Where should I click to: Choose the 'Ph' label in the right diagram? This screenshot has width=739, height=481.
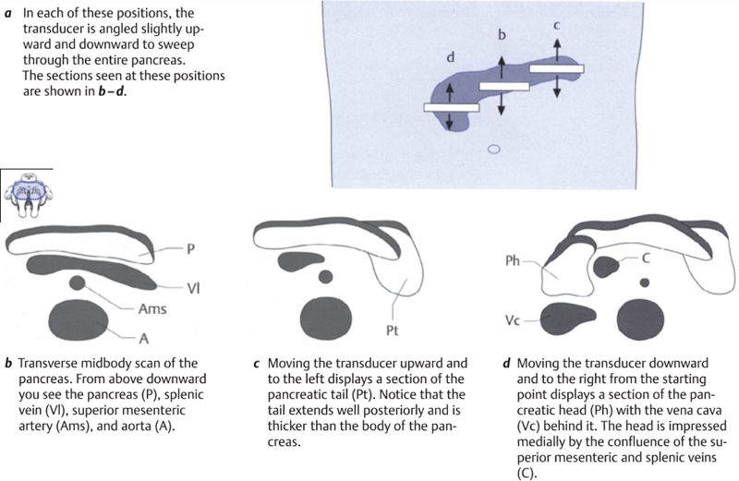click(x=514, y=261)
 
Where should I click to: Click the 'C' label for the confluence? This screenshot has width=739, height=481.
click(x=649, y=260)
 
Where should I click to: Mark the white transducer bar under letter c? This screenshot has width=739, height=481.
click(x=556, y=68)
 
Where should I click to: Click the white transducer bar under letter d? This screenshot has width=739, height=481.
click(x=450, y=107)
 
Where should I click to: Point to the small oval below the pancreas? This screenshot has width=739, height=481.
click(x=493, y=148)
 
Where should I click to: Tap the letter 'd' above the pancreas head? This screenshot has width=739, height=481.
click(x=450, y=58)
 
